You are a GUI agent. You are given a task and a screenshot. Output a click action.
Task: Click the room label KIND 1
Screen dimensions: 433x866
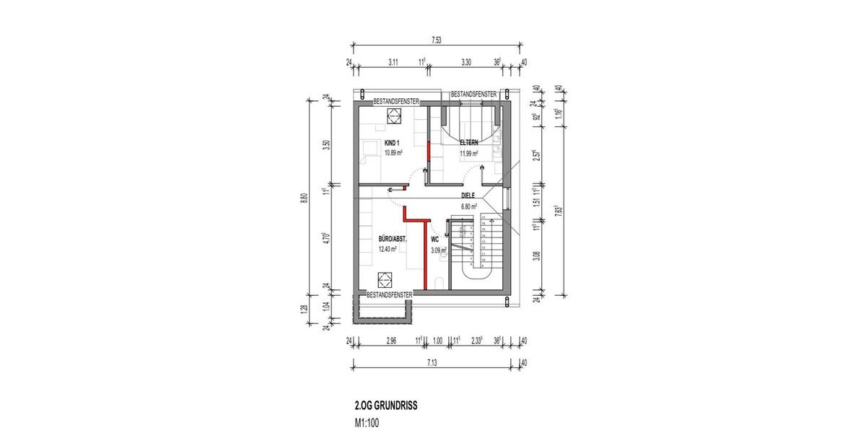(x=392, y=143)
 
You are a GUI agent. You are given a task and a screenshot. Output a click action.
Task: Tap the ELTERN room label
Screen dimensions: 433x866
(x=469, y=143)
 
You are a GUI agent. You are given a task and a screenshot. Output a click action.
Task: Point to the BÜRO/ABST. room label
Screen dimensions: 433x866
(x=393, y=239)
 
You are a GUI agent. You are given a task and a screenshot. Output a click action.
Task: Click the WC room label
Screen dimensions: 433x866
(x=434, y=239)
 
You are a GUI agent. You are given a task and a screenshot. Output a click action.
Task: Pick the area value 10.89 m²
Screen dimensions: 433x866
(x=393, y=152)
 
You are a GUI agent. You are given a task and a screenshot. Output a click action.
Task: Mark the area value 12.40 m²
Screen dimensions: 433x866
(x=388, y=250)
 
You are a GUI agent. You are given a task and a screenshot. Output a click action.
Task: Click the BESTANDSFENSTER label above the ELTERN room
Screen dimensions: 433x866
(x=473, y=95)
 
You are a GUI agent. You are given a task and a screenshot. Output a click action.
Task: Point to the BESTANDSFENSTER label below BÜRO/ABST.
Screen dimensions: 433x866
(x=390, y=295)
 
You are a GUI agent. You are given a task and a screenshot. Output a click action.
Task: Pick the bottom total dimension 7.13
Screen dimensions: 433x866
(x=432, y=362)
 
